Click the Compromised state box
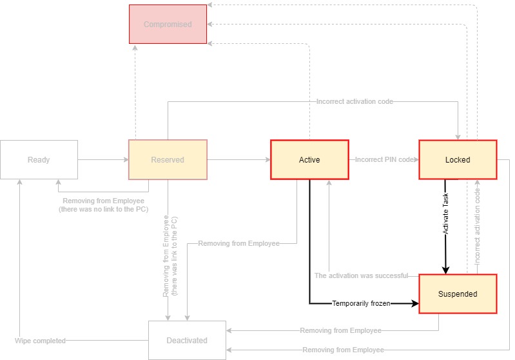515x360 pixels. click(x=168, y=25)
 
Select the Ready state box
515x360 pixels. click(x=39, y=160)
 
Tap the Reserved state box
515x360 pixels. click(x=168, y=160)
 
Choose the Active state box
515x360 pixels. click(x=309, y=160)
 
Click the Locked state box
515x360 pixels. click(x=458, y=160)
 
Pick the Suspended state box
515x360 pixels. click(x=458, y=294)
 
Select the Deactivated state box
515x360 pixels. click(x=188, y=340)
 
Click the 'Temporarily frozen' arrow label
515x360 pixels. click(x=361, y=303)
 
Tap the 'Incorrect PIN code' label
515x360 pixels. click(x=384, y=160)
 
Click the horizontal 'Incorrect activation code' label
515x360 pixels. click(x=355, y=101)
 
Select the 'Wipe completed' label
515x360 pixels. click(x=40, y=340)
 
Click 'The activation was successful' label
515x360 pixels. click(x=361, y=275)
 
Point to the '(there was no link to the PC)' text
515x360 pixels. click(x=103, y=210)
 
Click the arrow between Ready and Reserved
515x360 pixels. click(x=103, y=159)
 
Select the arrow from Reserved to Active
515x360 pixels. click(x=238, y=159)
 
